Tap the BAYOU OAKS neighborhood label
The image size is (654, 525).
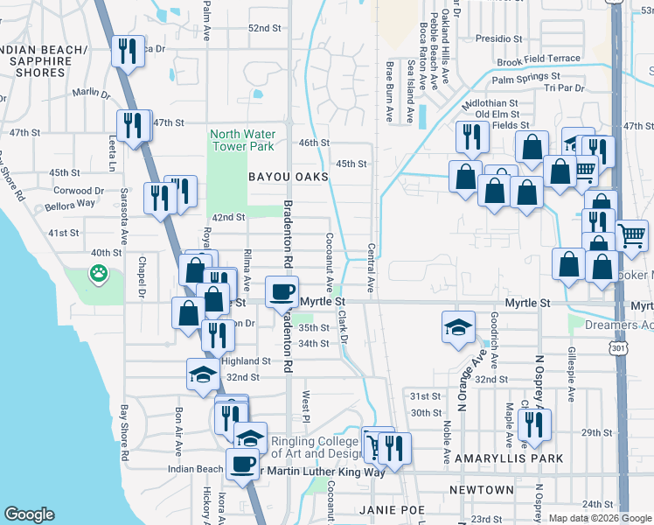[x=288, y=177]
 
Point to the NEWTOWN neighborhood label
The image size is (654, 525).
[x=481, y=490]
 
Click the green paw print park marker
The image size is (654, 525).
[x=98, y=274]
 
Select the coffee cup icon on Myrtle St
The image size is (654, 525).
[x=282, y=292]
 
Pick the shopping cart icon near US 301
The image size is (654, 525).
[x=631, y=234]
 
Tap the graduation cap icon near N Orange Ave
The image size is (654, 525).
[x=458, y=327]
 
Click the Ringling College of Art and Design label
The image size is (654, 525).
[x=317, y=447]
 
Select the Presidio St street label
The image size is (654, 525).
[x=499, y=39]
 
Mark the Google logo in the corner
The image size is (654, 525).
[x=29, y=514]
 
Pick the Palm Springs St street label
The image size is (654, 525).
[x=525, y=80]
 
